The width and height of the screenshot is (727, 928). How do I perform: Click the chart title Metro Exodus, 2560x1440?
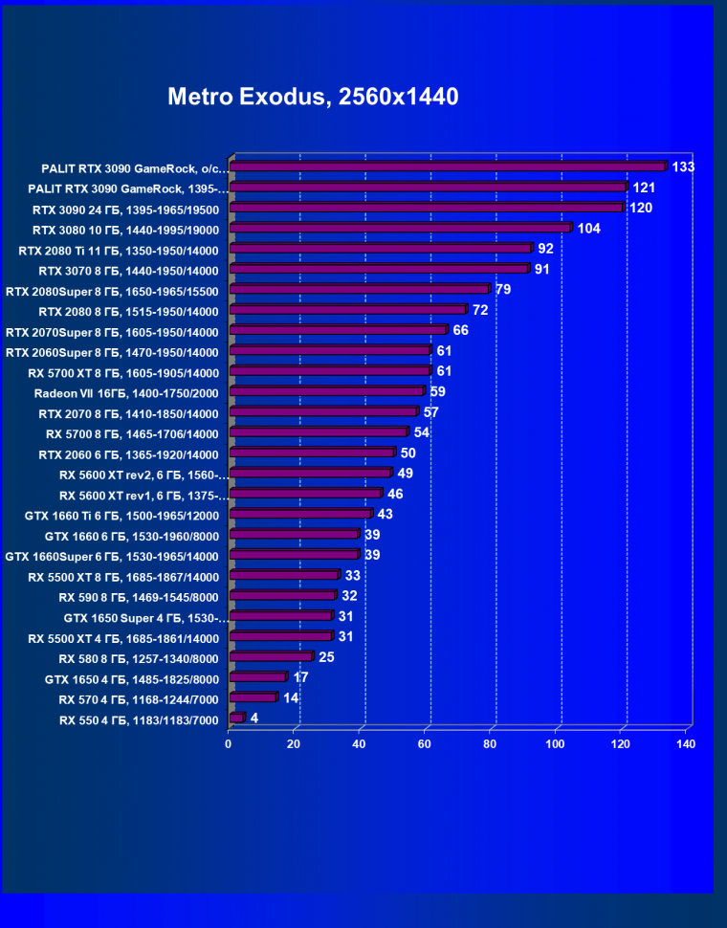point(313,97)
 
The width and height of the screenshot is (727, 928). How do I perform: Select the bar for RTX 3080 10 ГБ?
point(401,229)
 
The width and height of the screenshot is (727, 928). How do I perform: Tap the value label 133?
point(683,166)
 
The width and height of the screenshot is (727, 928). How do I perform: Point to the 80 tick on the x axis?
point(491,743)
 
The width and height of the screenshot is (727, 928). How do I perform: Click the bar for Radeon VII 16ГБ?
point(326,391)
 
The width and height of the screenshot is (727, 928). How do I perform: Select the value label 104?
point(589,229)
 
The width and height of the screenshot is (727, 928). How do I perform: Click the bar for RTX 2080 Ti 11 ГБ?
point(381,249)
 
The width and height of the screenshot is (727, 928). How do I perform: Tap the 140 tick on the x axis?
point(686,743)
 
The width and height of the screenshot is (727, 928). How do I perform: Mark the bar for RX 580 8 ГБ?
point(271,657)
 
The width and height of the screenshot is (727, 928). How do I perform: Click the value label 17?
point(300,677)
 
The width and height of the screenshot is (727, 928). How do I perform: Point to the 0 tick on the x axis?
point(229,743)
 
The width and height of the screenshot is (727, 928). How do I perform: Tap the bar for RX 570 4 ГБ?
point(253,698)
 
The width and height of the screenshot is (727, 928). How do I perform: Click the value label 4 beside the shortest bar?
point(254,718)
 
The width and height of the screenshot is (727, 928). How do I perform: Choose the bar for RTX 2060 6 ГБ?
point(312,453)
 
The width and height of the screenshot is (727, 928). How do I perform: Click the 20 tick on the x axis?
point(295,743)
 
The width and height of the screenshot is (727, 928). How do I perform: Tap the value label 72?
point(480,310)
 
